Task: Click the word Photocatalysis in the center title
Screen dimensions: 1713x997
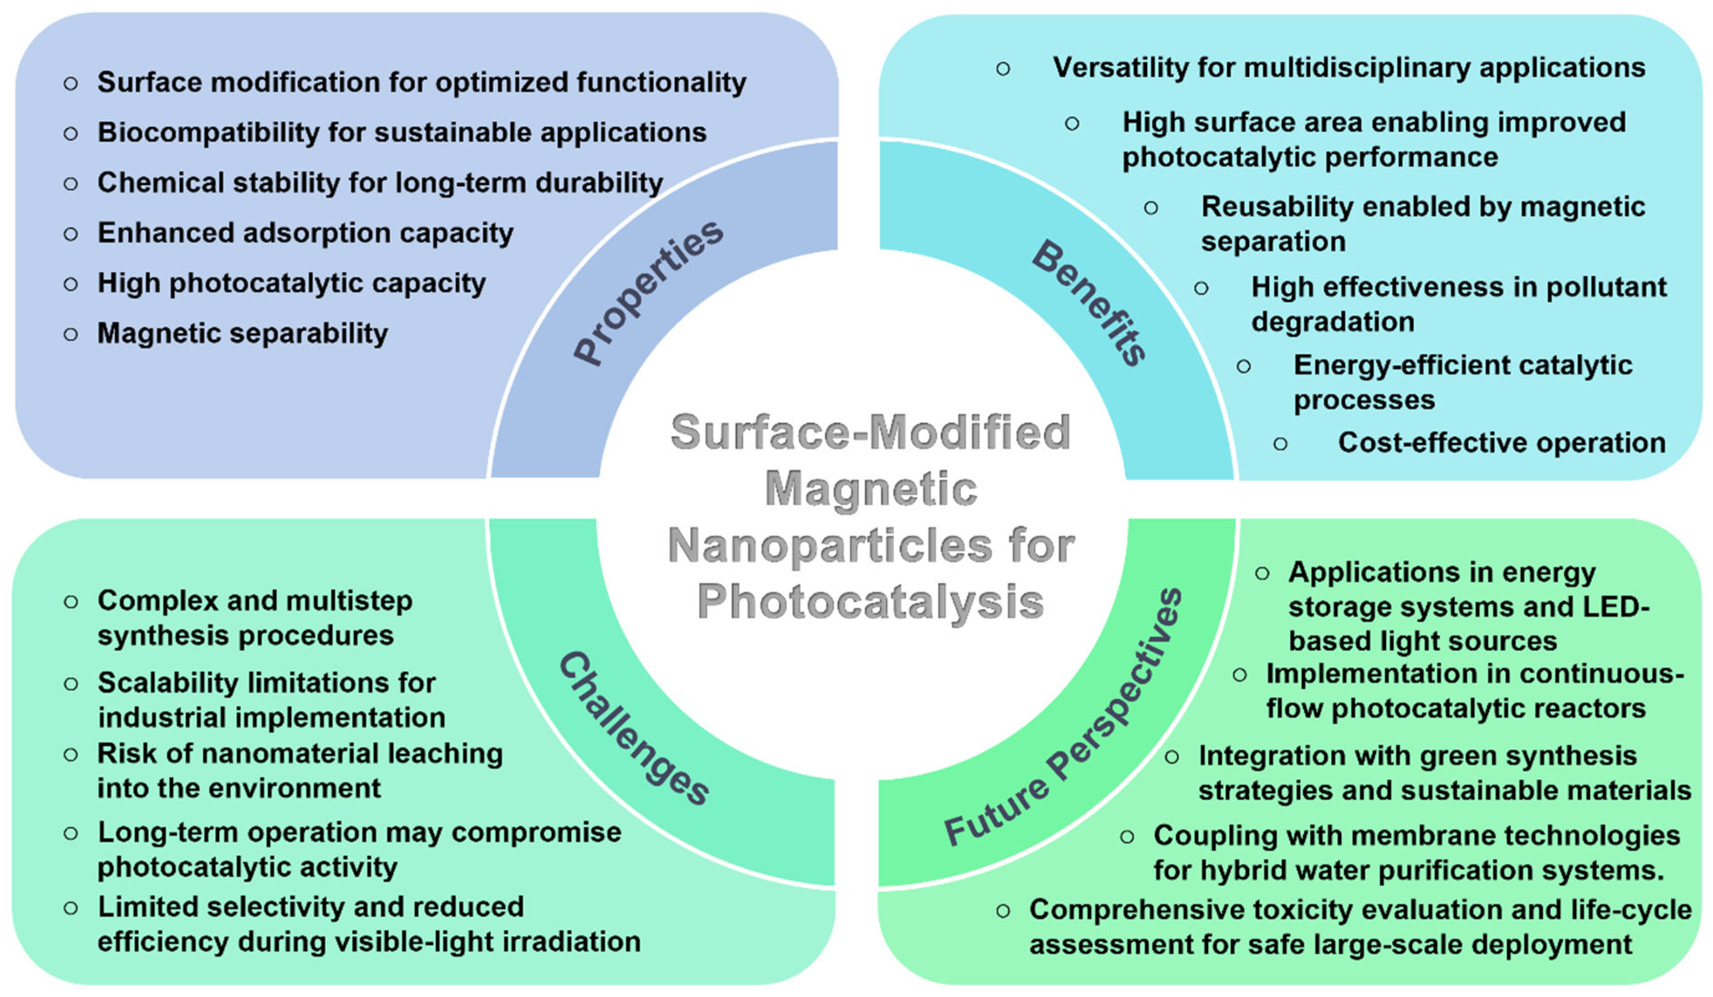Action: [870, 602]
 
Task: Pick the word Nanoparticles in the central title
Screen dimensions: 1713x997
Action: [829, 546]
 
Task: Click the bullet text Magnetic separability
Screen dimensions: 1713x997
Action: [243, 333]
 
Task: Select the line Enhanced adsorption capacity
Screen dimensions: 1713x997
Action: [305, 233]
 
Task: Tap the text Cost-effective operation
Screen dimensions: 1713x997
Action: [1502, 443]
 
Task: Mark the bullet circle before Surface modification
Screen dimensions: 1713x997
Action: [71, 83]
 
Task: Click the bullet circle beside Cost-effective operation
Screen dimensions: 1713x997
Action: [1280, 444]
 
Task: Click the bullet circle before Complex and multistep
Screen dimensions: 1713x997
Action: [71, 602]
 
